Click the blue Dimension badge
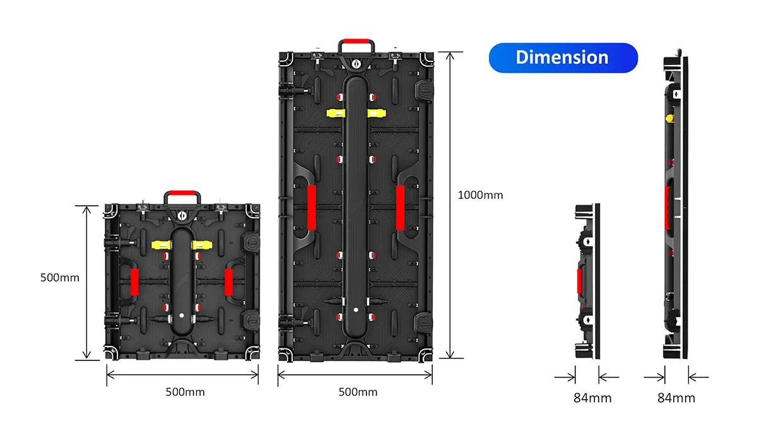563,57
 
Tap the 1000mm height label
480,195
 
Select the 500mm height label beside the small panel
60,277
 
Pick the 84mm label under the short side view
592,398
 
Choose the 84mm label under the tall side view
676,398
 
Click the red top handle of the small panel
182,193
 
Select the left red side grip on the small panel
134,282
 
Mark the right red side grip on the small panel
228,282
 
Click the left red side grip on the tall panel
311,208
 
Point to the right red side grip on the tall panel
400,208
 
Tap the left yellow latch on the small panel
161,244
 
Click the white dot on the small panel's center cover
180,314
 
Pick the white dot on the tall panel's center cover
355,310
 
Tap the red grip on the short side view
579,282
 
